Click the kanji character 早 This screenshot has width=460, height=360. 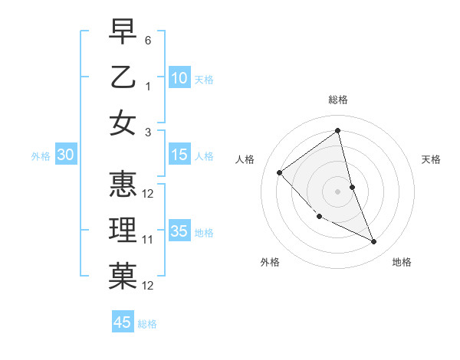(123, 31)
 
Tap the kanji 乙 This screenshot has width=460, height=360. (123, 77)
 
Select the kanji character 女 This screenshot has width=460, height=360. (123, 123)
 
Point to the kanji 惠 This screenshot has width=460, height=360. (123, 185)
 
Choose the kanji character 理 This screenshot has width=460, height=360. (123, 231)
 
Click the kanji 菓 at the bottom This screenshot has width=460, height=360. (123, 277)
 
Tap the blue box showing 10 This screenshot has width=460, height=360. (179, 78)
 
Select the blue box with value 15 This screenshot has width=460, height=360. (179, 155)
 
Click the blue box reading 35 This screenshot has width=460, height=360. (179, 231)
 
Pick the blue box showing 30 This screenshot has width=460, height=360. (66, 155)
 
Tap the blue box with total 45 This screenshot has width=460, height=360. (123, 322)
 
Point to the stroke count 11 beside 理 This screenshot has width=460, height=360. (148, 240)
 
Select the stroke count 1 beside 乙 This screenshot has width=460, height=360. (148, 87)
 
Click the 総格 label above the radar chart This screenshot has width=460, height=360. (337, 100)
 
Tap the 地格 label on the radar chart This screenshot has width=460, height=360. (402, 262)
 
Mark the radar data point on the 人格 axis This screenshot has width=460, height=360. (280, 172)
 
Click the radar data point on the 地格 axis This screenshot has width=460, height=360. (374, 242)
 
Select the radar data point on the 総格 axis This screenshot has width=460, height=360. (337, 130)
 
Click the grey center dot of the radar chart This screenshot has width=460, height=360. (337, 191)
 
